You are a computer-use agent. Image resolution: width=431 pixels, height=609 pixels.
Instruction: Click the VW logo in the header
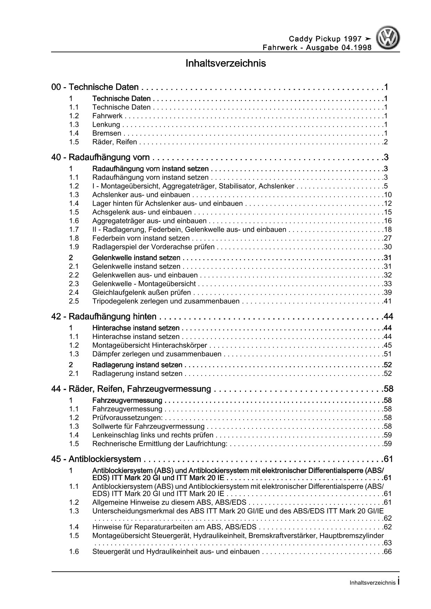[389, 39]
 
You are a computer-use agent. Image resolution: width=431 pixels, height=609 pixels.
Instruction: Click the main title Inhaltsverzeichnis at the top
[226, 64]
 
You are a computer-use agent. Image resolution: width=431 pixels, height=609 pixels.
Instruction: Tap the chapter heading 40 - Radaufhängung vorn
[100, 157]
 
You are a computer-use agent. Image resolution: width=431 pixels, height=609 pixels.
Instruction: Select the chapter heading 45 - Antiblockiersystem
[96, 459]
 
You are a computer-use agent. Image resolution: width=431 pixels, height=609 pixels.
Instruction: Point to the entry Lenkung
[106, 125]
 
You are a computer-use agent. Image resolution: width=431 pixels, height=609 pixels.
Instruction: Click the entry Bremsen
[107, 133]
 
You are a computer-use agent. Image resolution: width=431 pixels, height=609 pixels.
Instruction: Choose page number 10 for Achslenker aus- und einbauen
[388, 195]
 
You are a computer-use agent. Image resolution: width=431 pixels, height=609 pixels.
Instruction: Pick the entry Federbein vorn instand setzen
[141, 238]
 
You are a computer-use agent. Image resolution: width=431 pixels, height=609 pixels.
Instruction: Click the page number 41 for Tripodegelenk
[388, 301]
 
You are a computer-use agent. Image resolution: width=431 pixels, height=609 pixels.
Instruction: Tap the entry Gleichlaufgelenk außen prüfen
[141, 293]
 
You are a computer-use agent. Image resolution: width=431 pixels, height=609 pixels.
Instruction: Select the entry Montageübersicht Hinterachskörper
[149, 345]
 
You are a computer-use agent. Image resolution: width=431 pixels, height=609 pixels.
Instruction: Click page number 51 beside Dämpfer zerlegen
[388, 354]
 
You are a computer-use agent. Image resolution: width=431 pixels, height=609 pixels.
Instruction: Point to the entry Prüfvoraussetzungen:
[127, 418]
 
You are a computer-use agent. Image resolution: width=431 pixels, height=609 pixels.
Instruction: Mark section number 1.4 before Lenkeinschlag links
[74, 435]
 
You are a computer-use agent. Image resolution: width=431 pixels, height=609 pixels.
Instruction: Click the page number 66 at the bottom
[388, 552]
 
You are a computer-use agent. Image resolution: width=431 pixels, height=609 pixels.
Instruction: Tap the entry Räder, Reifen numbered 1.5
[114, 142]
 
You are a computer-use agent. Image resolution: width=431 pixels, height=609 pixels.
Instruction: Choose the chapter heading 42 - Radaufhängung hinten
[104, 316]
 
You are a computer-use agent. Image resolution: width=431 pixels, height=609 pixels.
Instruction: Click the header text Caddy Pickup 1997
[325, 39]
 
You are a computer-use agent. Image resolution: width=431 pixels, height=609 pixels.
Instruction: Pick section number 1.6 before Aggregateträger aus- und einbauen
[74, 221]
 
